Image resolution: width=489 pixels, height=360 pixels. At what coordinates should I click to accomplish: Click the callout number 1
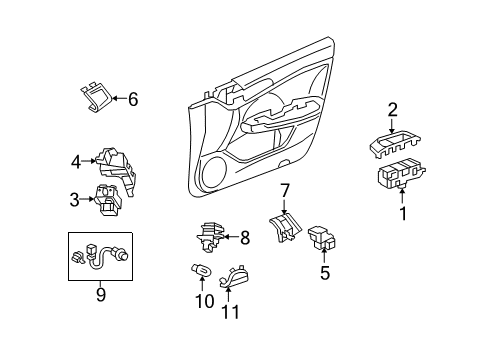(x=403, y=212)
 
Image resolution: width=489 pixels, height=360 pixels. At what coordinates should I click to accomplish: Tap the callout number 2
(x=393, y=110)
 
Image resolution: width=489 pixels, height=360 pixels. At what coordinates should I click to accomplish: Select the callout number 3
(x=75, y=200)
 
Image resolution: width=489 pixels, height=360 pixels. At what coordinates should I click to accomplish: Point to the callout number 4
(x=75, y=160)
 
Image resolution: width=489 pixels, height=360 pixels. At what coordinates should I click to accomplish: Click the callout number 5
(x=324, y=271)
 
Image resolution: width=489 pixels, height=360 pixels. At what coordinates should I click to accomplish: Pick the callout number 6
(x=132, y=98)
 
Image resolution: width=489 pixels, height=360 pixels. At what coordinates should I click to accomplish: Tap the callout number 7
(x=284, y=190)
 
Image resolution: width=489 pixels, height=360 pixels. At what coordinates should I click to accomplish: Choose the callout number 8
(x=244, y=238)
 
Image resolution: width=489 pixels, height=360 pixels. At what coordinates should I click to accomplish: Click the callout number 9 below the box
(x=99, y=296)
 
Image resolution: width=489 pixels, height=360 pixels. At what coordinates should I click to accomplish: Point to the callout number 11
(x=232, y=310)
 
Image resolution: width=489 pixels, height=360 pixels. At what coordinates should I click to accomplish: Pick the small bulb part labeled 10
(x=199, y=270)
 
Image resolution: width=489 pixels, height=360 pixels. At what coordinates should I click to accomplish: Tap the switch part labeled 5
(x=324, y=238)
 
